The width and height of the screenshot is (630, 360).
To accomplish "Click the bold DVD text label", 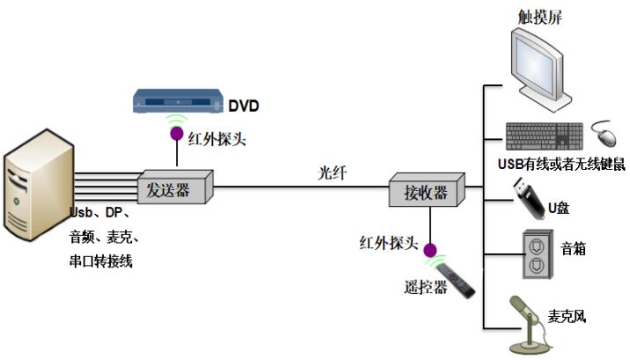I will tap(244, 107).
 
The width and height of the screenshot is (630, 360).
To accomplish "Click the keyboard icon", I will tap(544, 135).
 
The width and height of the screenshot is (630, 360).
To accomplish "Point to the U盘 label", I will tap(560, 208).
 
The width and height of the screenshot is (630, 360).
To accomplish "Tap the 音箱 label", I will tap(575, 250).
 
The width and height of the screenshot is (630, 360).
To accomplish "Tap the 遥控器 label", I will tap(421, 287).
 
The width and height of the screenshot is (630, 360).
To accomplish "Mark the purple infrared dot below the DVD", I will tap(177, 136).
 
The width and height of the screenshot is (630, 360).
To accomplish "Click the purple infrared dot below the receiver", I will tap(429, 250).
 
